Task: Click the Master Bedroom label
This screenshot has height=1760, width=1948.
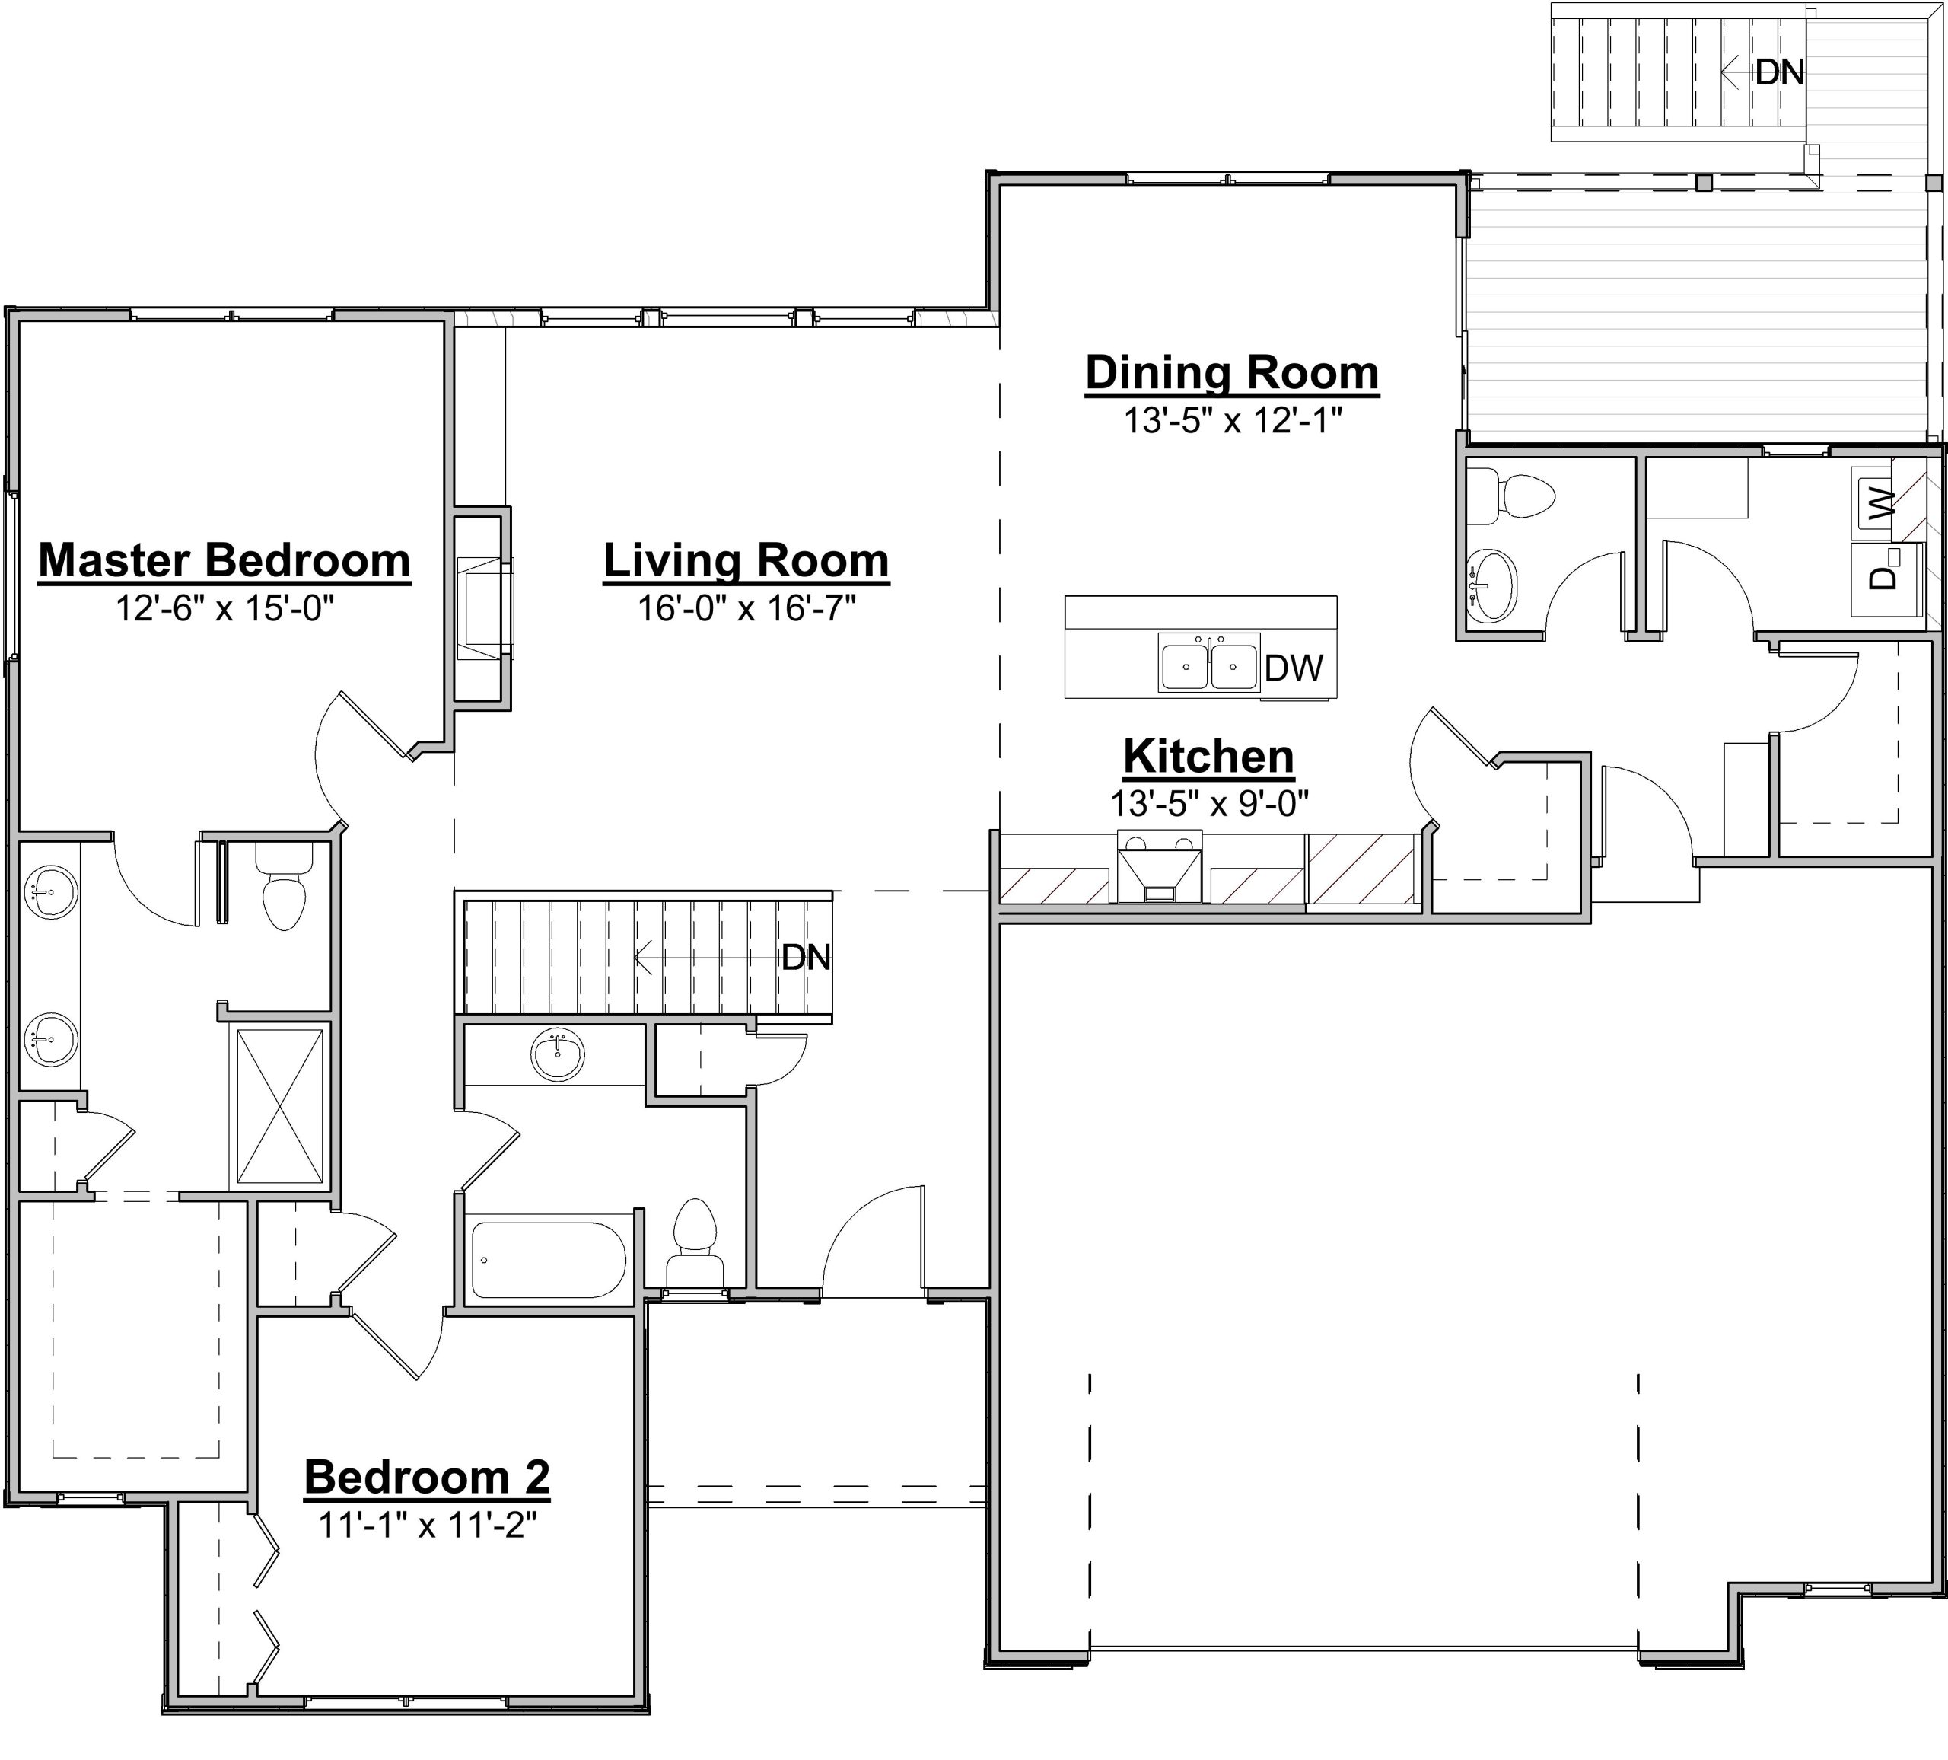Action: point(224,560)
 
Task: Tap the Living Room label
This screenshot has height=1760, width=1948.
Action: point(746,560)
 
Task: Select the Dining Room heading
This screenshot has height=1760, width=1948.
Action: point(1232,373)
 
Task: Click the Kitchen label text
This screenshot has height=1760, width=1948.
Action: point(1209,756)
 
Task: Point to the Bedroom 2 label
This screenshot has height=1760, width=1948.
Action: point(427,1477)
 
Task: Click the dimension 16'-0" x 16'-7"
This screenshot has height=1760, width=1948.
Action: point(746,608)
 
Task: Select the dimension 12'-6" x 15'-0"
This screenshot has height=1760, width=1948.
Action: point(224,608)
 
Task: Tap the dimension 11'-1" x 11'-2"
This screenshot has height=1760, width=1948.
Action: point(427,1524)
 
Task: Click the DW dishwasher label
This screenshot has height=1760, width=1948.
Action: point(1294,668)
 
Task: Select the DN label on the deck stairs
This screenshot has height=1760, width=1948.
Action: point(1780,72)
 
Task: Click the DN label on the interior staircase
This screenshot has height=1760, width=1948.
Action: point(806,957)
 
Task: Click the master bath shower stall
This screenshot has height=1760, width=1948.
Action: point(280,1105)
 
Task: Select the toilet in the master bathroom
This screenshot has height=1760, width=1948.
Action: point(284,885)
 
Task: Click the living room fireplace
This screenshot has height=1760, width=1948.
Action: point(484,609)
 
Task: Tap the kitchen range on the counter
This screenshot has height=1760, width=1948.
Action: point(1160,866)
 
